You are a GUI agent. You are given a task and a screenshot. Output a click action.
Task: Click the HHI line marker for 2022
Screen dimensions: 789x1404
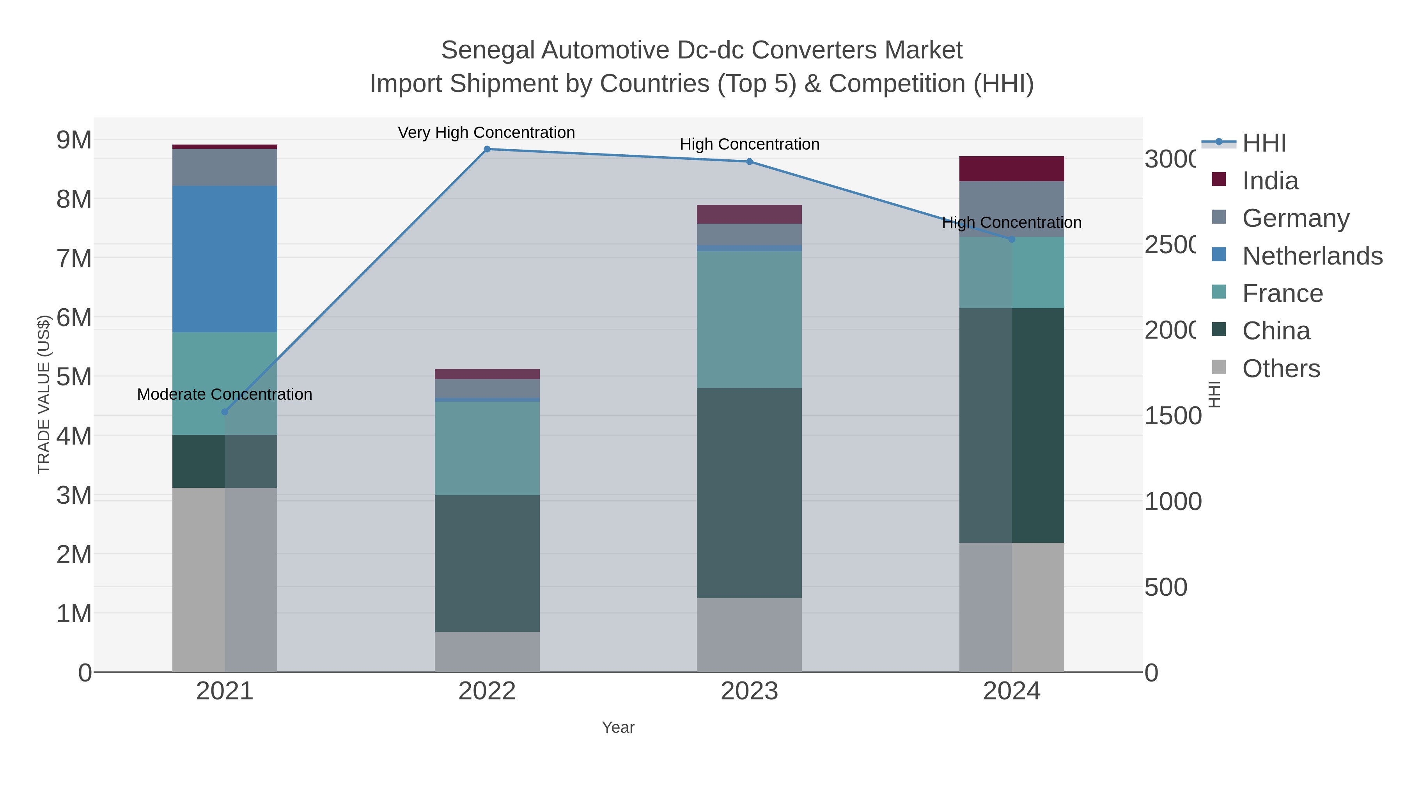pyautogui.click(x=487, y=149)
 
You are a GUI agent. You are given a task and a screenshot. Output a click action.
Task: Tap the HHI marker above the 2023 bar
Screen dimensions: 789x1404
pyautogui.click(x=750, y=162)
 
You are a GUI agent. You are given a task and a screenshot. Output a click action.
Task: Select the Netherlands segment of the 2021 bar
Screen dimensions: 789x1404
pyautogui.click(x=225, y=259)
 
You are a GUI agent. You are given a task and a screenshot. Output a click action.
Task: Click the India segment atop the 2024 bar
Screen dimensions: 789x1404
pyautogui.click(x=1012, y=169)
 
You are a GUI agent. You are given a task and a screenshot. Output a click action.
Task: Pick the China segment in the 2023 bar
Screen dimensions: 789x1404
pyautogui.click(x=750, y=493)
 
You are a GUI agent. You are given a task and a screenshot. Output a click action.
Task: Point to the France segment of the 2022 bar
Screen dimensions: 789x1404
pyautogui.click(x=487, y=448)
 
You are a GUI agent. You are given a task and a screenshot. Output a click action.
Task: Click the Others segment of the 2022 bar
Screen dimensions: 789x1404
pyautogui.click(x=487, y=652)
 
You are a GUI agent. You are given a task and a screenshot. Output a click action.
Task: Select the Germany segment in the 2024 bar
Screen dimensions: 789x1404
pyautogui.click(x=1012, y=208)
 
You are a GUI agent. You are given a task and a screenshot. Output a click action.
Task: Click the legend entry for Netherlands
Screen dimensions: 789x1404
pyautogui.click(x=1312, y=255)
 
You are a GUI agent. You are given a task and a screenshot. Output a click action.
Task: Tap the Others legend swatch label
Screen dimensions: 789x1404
pyautogui.click(x=1281, y=369)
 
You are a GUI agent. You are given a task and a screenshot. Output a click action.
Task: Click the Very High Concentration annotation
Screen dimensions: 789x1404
pyautogui.click(x=486, y=132)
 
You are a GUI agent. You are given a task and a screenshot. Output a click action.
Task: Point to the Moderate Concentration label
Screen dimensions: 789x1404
pyautogui.click(x=225, y=394)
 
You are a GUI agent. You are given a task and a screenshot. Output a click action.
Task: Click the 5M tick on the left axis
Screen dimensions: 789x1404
pyautogui.click(x=74, y=377)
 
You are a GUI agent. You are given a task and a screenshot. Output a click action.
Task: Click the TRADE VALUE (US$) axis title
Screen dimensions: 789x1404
pyautogui.click(x=44, y=394)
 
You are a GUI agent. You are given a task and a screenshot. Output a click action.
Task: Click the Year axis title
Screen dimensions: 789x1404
pyautogui.click(x=618, y=727)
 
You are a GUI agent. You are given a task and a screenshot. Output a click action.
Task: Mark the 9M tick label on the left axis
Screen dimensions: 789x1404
pyautogui.click(x=74, y=140)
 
